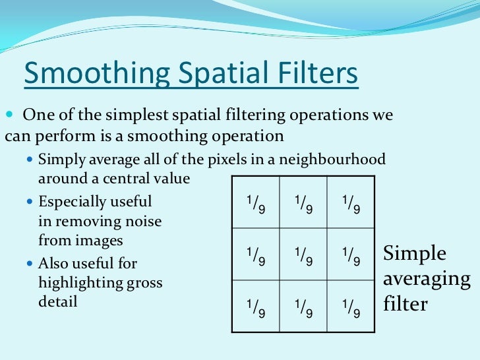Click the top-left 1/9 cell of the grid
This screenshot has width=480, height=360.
256,204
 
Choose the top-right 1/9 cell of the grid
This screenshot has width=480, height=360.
351,204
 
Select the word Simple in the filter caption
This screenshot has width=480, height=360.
415,255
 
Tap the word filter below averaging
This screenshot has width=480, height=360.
405,305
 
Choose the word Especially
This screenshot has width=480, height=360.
71,201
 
